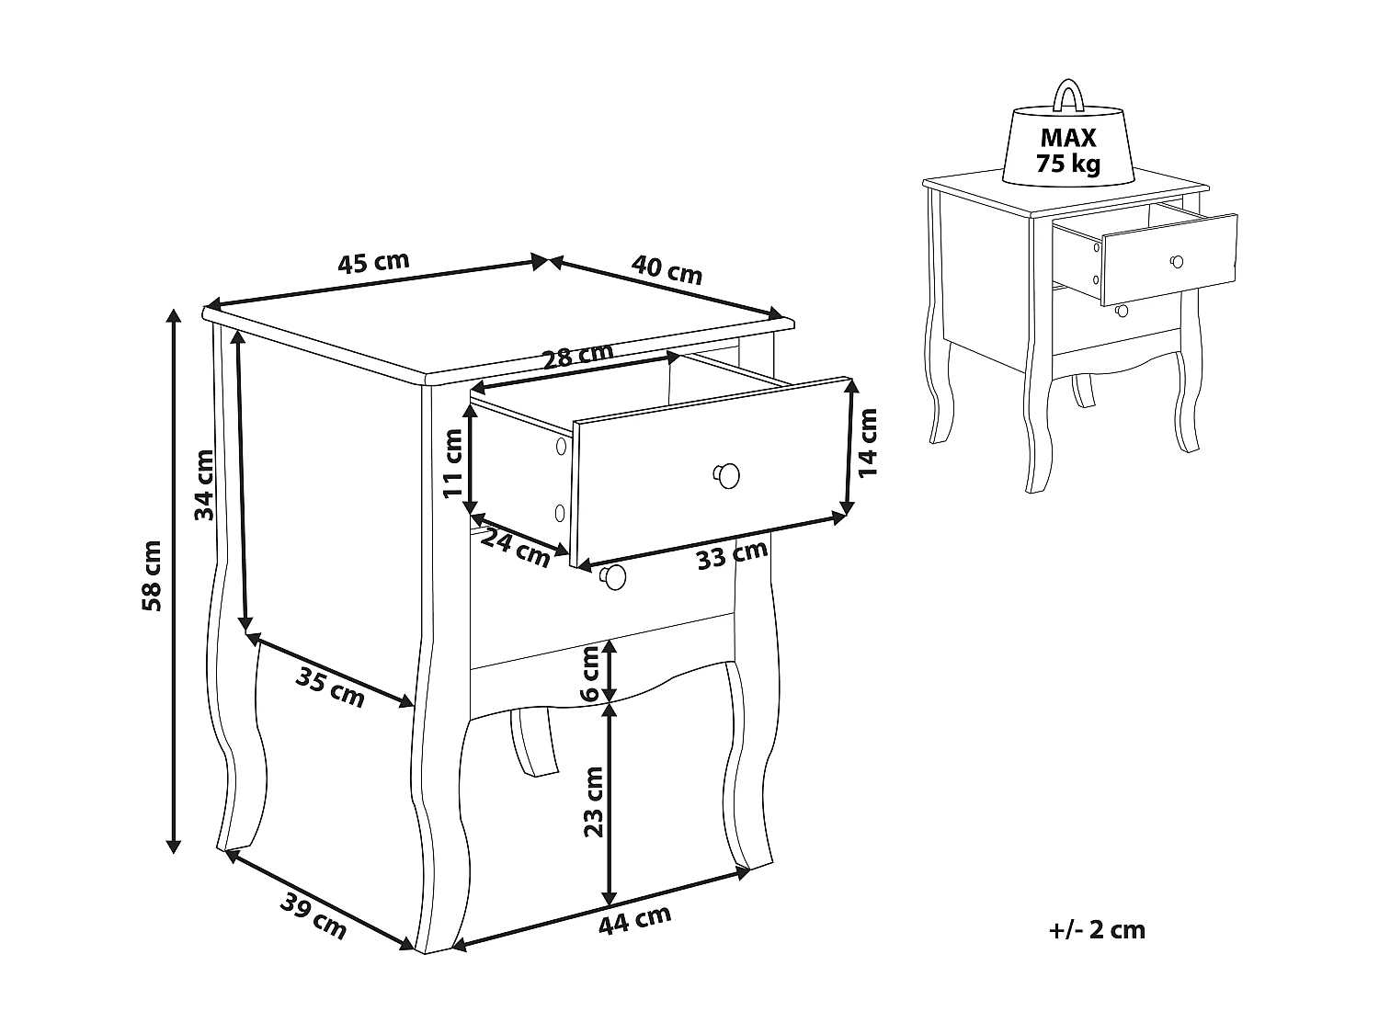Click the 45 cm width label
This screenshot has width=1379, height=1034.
[373, 263]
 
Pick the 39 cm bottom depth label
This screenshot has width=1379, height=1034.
[313, 917]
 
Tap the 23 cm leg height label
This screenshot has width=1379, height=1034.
[594, 801]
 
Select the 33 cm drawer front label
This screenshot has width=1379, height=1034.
[732, 554]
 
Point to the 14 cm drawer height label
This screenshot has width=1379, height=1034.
[867, 442]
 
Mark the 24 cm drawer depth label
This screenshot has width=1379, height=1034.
[515, 548]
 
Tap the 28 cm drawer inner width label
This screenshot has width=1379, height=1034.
[577, 356]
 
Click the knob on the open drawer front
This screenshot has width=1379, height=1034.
[726, 474]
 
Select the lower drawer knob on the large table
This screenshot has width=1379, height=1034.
[612, 576]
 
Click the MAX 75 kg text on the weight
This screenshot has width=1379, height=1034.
[1068, 152]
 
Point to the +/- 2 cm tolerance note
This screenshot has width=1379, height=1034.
[1097, 929]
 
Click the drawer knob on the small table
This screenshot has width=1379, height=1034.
[1175, 262]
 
